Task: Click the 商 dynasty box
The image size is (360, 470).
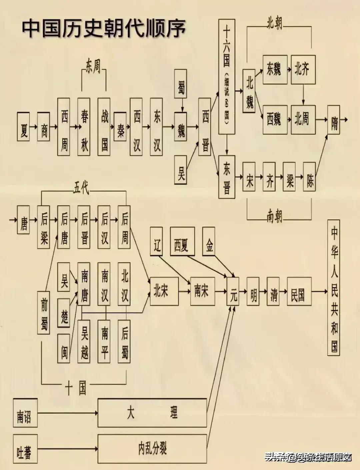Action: (x=43, y=126)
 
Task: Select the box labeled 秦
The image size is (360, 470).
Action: (x=120, y=126)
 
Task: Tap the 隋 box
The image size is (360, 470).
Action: (x=333, y=120)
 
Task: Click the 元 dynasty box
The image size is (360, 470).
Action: (x=233, y=291)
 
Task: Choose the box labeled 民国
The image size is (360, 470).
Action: (x=299, y=291)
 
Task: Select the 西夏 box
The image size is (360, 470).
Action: (x=182, y=241)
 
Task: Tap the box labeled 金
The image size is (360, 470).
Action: (x=209, y=241)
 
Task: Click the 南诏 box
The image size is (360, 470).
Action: (x=24, y=413)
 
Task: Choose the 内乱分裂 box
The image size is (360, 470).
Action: (x=152, y=448)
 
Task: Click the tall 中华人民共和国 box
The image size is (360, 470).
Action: (x=334, y=287)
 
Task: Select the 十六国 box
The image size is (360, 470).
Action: (x=226, y=77)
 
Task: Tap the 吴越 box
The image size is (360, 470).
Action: (x=84, y=341)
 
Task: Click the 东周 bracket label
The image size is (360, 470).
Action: (x=93, y=66)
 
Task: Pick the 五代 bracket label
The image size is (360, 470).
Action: (x=81, y=189)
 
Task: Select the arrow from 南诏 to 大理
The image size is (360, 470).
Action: (x=66, y=413)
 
